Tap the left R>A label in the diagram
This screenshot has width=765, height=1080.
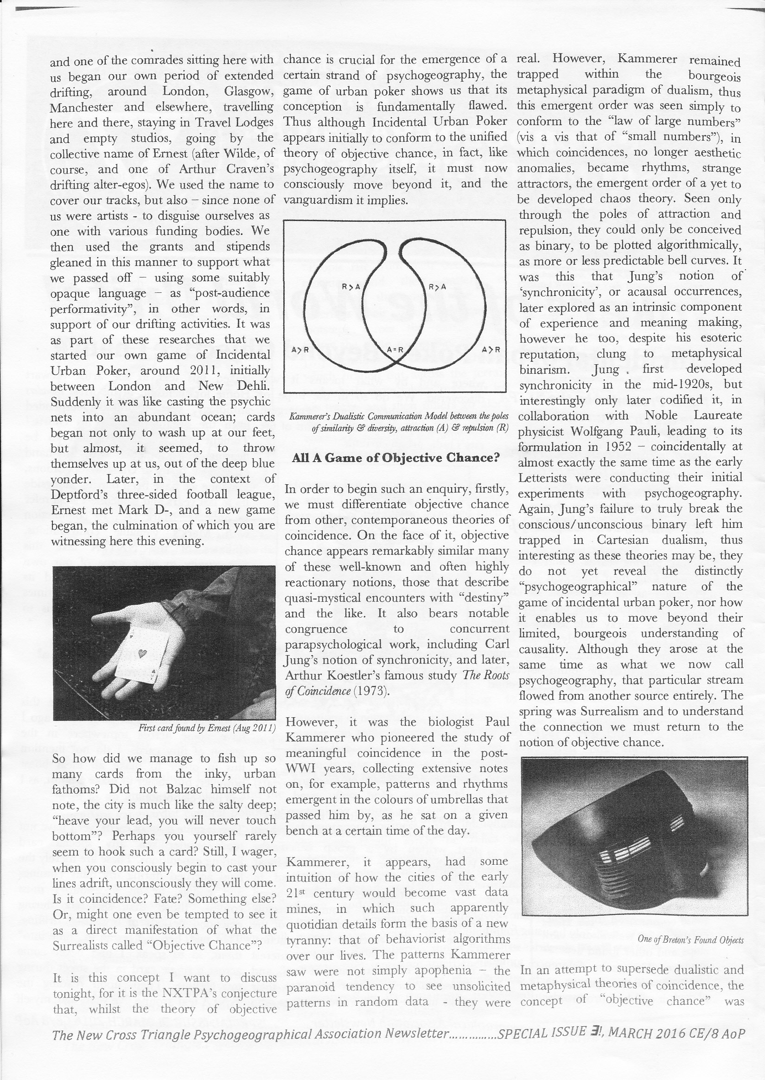pyautogui.click(x=351, y=286)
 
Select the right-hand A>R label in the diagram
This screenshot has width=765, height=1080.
pyautogui.click(x=491, y=350)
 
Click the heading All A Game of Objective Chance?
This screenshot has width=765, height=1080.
pyautogui.click(x=395, y=457)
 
